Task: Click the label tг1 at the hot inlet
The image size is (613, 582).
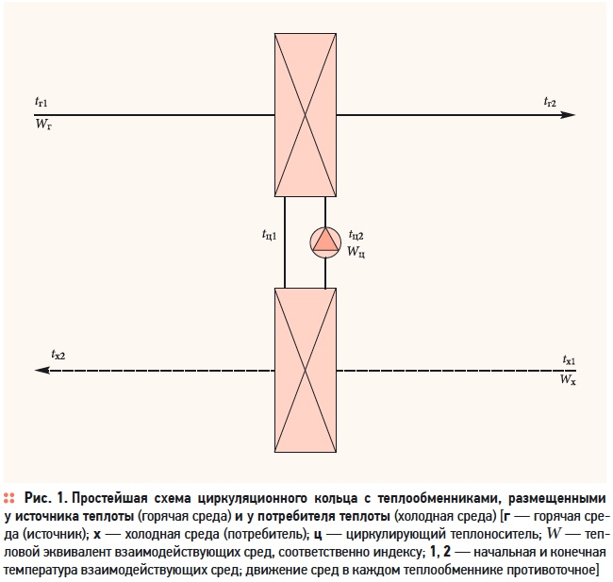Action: (x=41, y=103)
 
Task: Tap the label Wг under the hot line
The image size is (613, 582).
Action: (x=43, y=125)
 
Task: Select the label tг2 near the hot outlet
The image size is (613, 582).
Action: (x=550, y=102)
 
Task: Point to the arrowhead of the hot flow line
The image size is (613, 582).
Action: (x=568, y=115)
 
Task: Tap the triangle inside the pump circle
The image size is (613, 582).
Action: (x=324, y=241)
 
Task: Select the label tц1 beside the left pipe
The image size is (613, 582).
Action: (x=270, y=235)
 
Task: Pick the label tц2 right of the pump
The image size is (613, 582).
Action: (x=356, y=235)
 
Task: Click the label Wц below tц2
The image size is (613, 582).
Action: (x=356, y=251)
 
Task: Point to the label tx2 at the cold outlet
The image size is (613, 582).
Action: (x=58, y=355)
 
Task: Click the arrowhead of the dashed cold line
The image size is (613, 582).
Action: (x=42, y=370)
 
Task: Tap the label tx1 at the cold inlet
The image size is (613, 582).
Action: (x=569, y=359)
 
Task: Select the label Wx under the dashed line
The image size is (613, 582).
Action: (x=568, y=379)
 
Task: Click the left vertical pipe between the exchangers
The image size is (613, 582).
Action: (x=285, y=242)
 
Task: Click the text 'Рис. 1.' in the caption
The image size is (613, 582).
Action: (x=46, y=498)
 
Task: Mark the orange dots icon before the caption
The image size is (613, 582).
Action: (x=9, y=498)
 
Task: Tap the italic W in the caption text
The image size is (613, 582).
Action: (x=555, y=534)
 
